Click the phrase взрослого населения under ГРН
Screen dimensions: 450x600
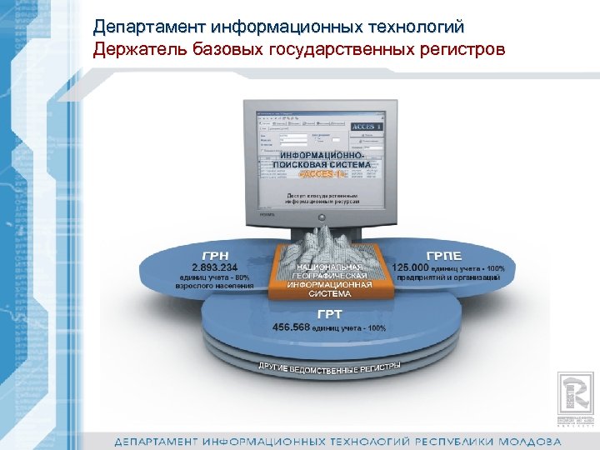213,285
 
